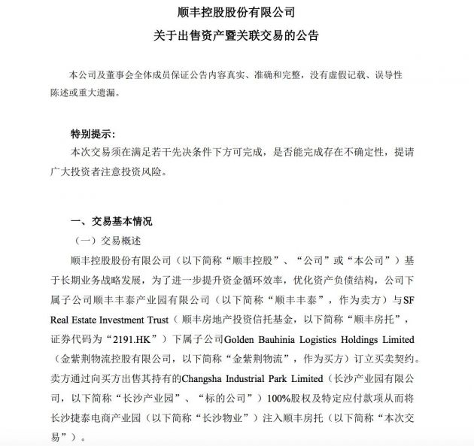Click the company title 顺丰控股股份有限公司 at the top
(237, 13)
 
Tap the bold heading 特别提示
(92, 134)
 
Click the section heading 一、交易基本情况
(111, 222)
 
